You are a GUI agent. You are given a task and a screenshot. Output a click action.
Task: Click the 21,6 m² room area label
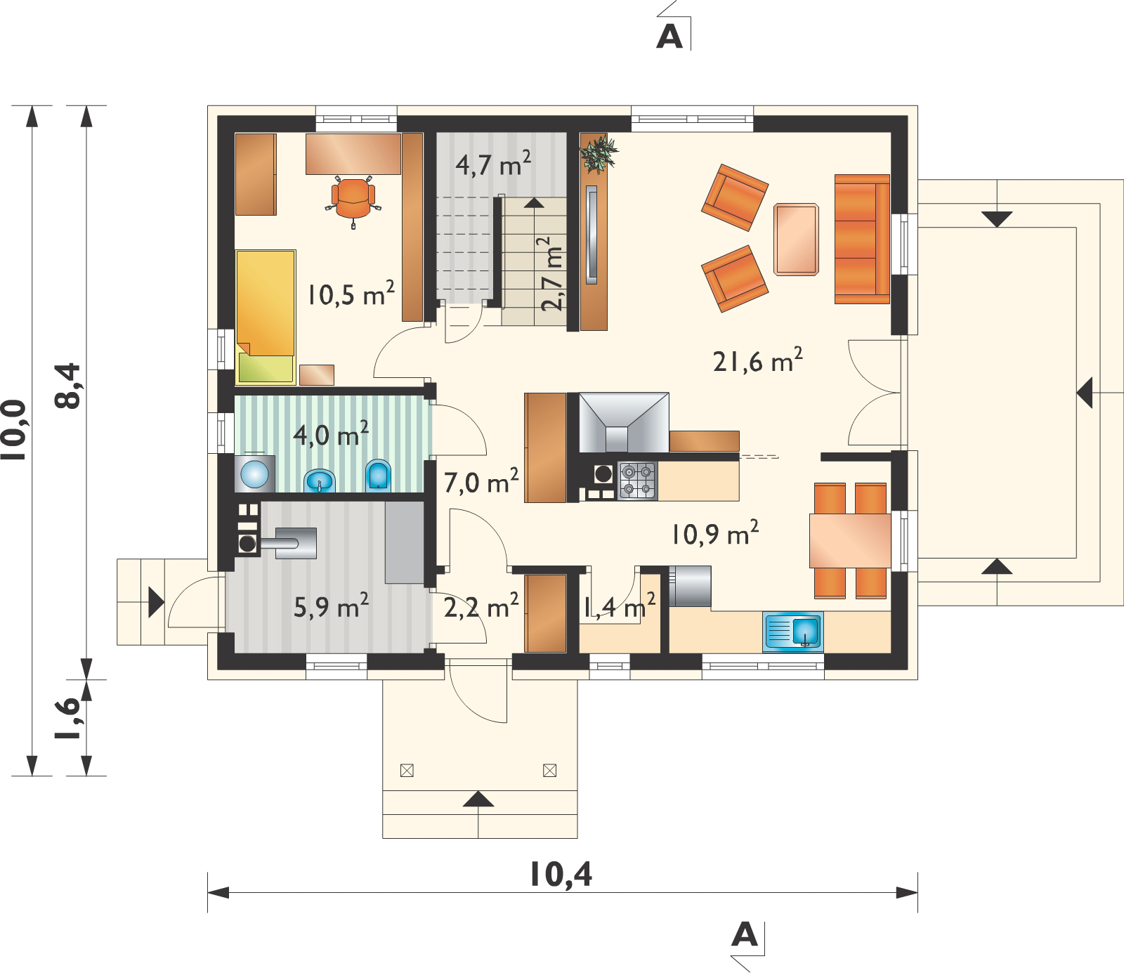757,363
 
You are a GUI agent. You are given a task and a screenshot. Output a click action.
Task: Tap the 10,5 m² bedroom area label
349,294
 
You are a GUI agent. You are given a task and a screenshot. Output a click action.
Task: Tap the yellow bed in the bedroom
265,317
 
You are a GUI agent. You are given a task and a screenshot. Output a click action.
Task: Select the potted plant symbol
599,152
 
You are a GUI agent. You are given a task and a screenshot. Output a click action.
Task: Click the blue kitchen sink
792,630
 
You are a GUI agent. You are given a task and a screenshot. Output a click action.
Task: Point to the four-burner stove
637,481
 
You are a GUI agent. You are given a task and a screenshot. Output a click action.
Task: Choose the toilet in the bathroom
378,476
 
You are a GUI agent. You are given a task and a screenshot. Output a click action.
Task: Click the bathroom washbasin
321,481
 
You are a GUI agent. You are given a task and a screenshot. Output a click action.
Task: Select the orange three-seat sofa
863,239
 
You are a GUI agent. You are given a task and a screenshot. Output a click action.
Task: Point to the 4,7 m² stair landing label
493,165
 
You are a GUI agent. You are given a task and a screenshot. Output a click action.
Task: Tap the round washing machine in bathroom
254,474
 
